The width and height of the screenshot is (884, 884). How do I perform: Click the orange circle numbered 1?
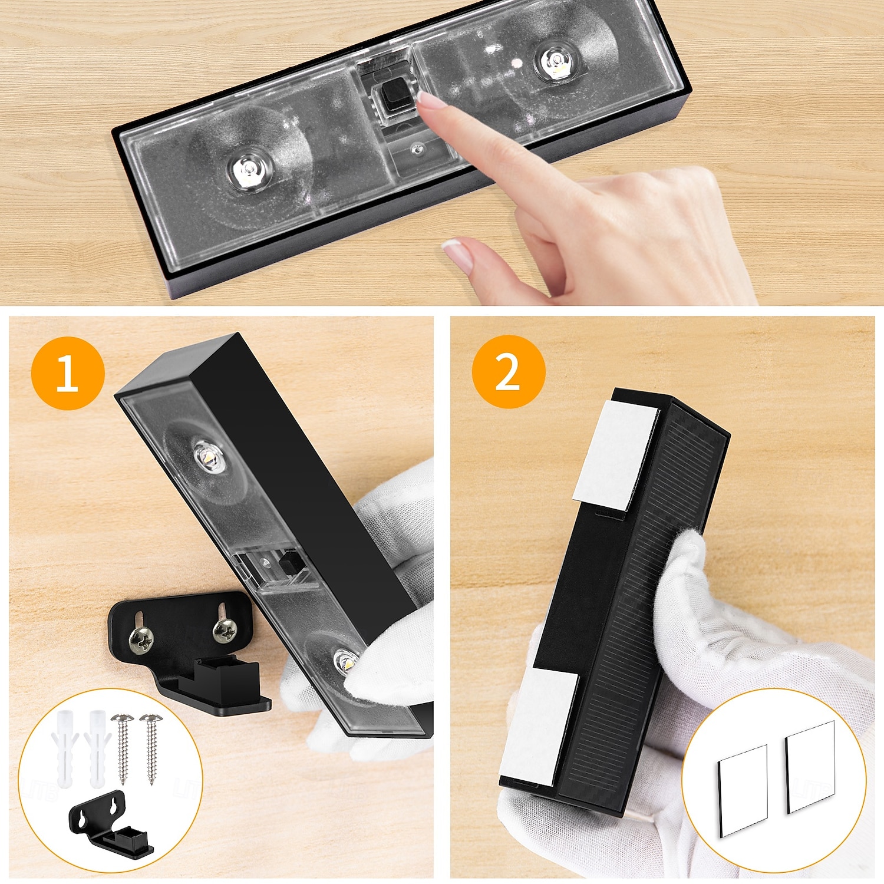tap(68, 373)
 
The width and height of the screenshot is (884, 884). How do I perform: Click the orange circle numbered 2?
tap(508, 372)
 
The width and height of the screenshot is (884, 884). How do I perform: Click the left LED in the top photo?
tap(248, 171)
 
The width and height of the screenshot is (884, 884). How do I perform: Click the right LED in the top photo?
tap(556, 62)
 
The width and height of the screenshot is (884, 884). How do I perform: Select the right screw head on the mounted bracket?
tap(225, 631)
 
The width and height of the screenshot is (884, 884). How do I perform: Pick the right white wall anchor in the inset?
tap(97, 748)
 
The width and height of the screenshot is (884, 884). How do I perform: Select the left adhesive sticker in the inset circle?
tap(743, 790)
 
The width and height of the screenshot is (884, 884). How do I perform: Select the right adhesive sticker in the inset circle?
tap(811, 766)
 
